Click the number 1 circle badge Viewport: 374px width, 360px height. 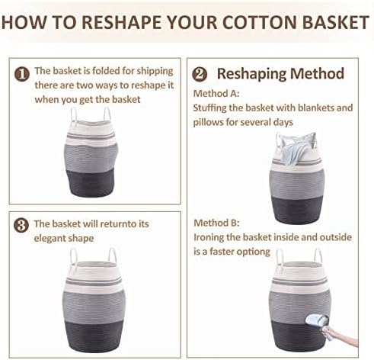22,74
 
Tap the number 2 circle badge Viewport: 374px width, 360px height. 200,75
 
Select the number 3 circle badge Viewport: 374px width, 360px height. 21,225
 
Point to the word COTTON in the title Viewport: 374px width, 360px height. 260,22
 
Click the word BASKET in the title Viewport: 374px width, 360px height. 335,22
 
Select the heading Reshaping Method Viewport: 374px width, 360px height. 280,74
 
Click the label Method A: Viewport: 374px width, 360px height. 216,94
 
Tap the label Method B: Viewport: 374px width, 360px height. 216,223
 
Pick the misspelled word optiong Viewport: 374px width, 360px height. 250,252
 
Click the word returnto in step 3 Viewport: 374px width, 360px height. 118,224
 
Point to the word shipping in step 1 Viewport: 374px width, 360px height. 155,72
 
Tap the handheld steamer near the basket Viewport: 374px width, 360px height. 317,321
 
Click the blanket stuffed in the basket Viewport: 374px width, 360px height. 296,148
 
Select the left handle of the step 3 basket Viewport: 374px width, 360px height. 74,256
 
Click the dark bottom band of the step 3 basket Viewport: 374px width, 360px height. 94,335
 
